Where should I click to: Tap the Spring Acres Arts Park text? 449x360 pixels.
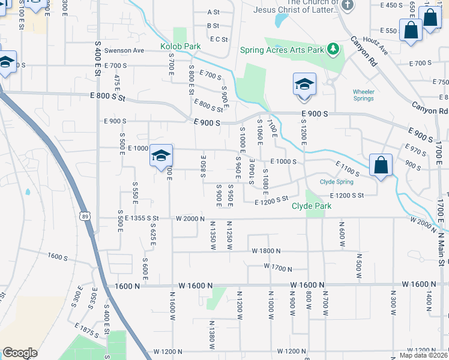[x=282, y=50]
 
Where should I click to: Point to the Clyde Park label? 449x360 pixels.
[x=312, y=206]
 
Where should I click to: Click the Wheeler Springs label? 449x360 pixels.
[x=364, y=95]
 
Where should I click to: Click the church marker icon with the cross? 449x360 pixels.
[x=348, y=6]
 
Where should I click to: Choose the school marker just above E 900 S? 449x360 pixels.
[x=304, y=85]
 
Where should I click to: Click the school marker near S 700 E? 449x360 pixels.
[x=161, y=155]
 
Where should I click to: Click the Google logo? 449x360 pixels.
[x=20, y=353]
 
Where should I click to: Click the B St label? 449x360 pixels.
[x=212, y=26]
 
